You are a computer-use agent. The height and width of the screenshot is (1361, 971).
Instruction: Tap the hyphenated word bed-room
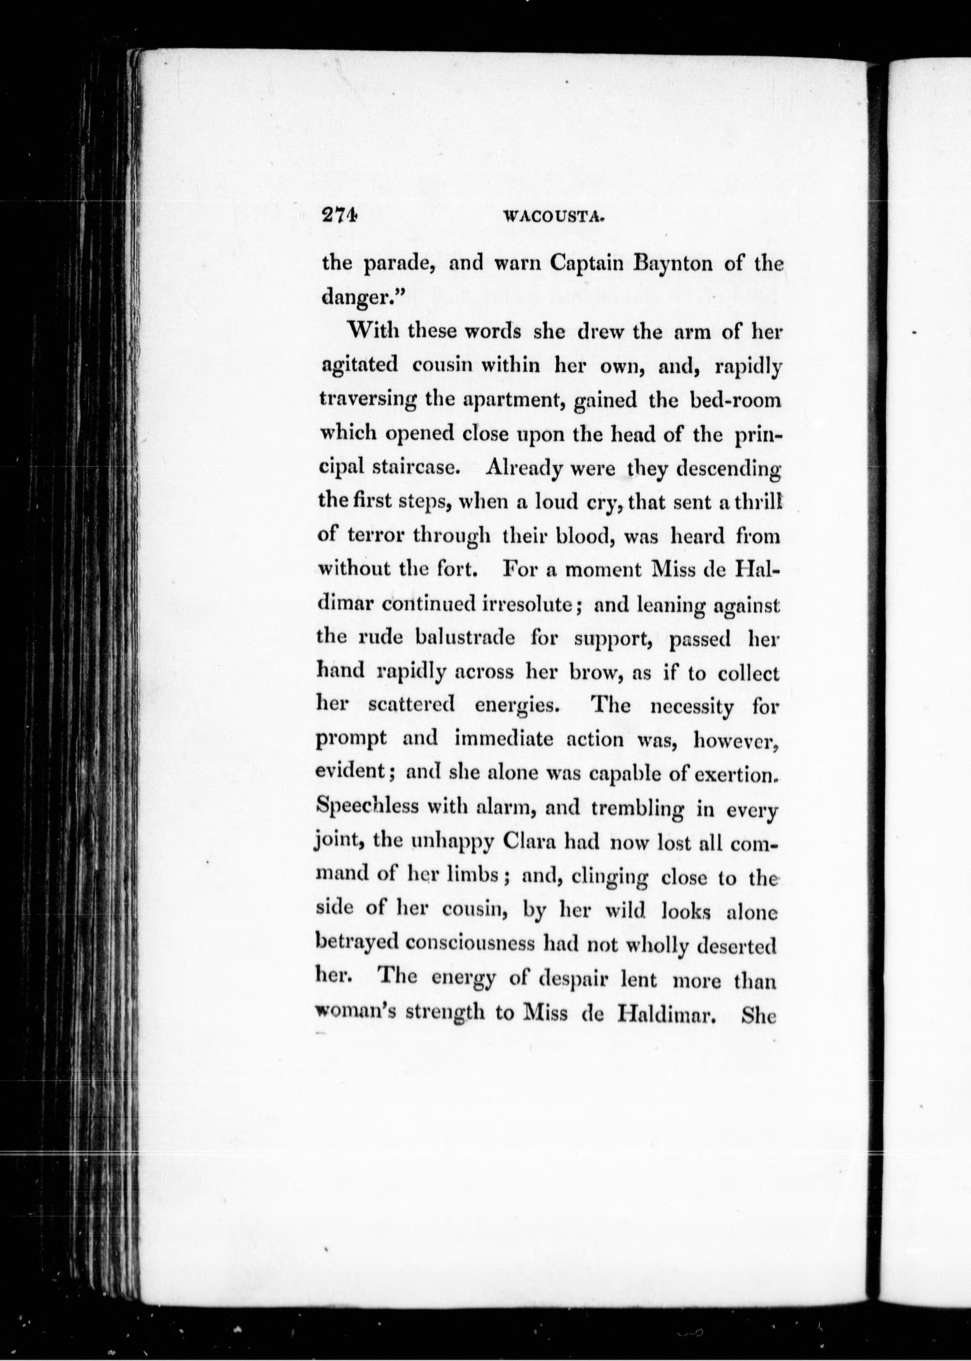click(735, 400)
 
